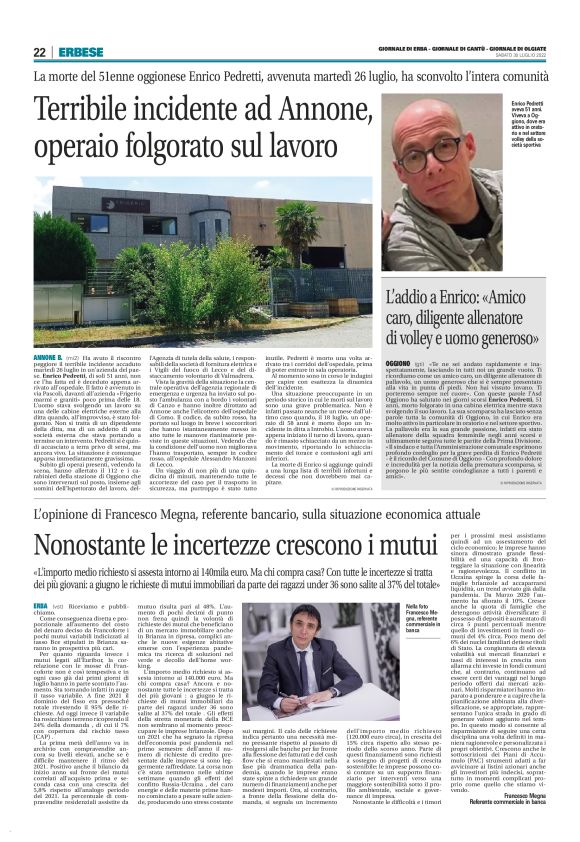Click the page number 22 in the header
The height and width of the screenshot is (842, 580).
tap(41, 52)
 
